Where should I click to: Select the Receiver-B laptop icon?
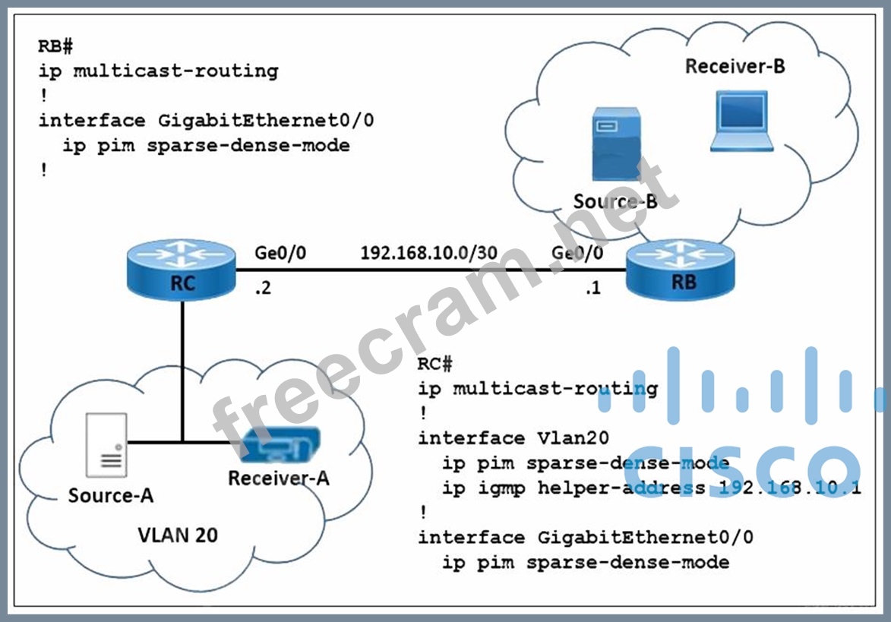click(x=741, y=121)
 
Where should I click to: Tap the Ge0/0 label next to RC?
click(x=281, y=253)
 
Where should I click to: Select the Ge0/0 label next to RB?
click(x=577, y=253)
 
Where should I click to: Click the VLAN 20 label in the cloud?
click(x=177, y=535)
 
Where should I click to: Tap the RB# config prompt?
click(x=55, y=46)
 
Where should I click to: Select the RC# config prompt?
click(x=434, y=364)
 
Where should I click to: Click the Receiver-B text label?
click(x=735, y=67)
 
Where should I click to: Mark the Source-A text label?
click(x=111, y=495)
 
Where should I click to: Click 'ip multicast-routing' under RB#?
click(x=158, y=71)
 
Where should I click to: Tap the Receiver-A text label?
click(x=279, y=478)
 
